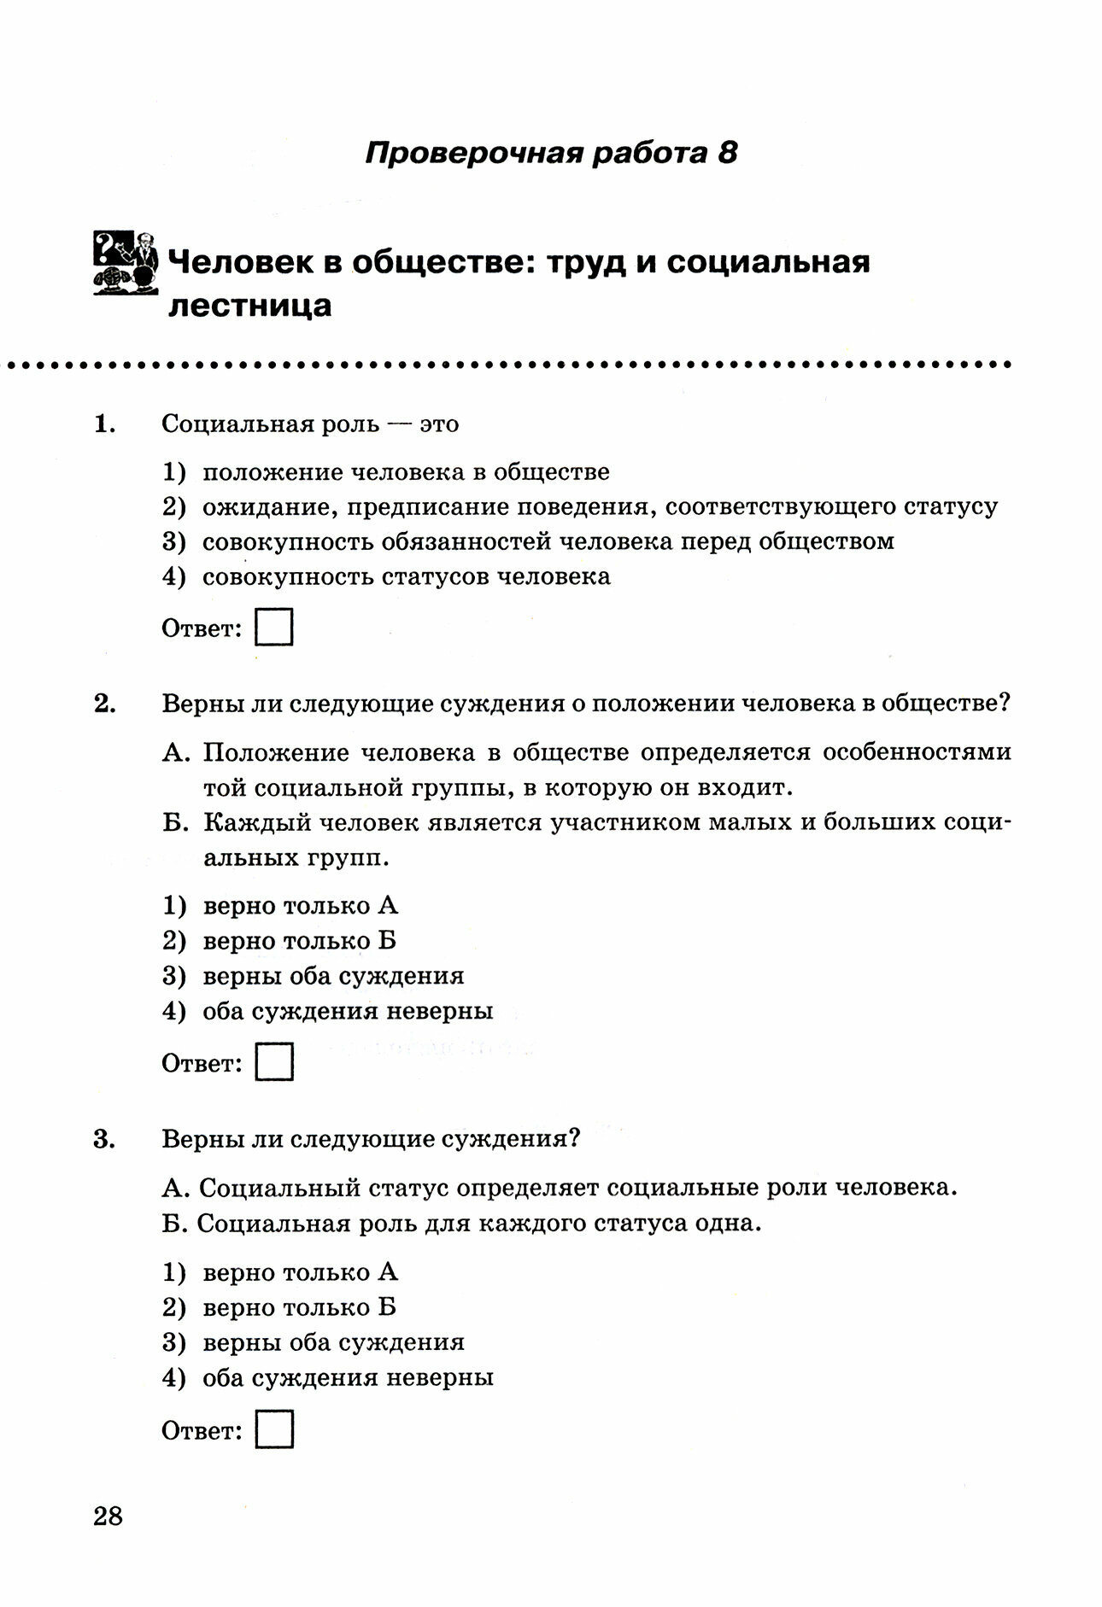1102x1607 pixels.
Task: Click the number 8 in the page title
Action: pyautogui.click(x=725, y=153)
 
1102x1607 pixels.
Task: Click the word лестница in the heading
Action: pyautogui.click(x=249, y=305)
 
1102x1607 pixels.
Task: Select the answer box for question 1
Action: pyautogui.click(x=274, y=628)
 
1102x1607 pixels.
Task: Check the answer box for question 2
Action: pyautogui.click(x=274, y=1062)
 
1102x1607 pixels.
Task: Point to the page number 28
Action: pyautogui.click(x=108, y=1516)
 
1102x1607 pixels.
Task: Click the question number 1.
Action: pyautogui.click(x=104, y=424)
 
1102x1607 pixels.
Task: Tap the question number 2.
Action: pyautogui.click(x=104, y=704)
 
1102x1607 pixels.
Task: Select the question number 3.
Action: pyautogui.click(x=104, y=1139)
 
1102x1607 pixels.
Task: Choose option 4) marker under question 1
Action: pyautogui.click(x=173, y=576)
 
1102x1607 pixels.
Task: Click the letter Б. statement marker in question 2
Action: pyautogui.click(x=173, y=822)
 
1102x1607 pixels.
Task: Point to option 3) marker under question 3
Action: pyautogui.click(x=173, y=1342)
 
